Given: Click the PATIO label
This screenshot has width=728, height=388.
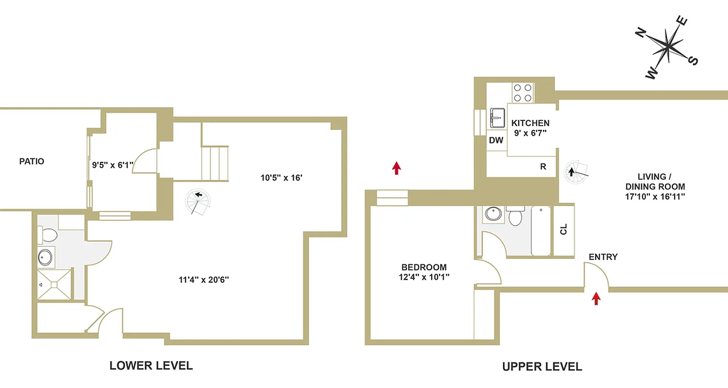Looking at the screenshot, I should tap(32, 162).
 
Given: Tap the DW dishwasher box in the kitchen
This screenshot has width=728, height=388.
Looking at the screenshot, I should tap(496, 141).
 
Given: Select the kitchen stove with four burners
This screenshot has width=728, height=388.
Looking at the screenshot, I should tap(523, 93).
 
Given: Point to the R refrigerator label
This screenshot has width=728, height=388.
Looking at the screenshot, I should tap(543, 167).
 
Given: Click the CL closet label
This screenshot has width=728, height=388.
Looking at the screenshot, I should tap(563, 229).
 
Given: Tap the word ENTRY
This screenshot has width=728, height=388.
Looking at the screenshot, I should tap(603, 257).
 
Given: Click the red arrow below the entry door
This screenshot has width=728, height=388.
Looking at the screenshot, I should tap(596, 298).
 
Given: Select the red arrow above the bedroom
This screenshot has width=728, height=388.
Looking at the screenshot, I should tap(397, 168).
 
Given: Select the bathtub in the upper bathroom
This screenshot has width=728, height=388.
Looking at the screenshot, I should tap(542, 230).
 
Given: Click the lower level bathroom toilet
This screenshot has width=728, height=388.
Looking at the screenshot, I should tap(49, 235).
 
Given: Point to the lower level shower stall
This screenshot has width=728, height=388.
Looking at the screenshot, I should tap(55, 284).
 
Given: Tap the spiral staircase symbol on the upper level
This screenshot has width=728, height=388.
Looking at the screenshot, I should tap(575, 173).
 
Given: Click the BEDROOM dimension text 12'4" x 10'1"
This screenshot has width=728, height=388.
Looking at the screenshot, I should tap(424, 277).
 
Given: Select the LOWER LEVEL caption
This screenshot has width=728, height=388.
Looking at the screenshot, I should tap(151, 366).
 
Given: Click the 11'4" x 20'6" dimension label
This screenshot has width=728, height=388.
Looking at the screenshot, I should tap(204, 279).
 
